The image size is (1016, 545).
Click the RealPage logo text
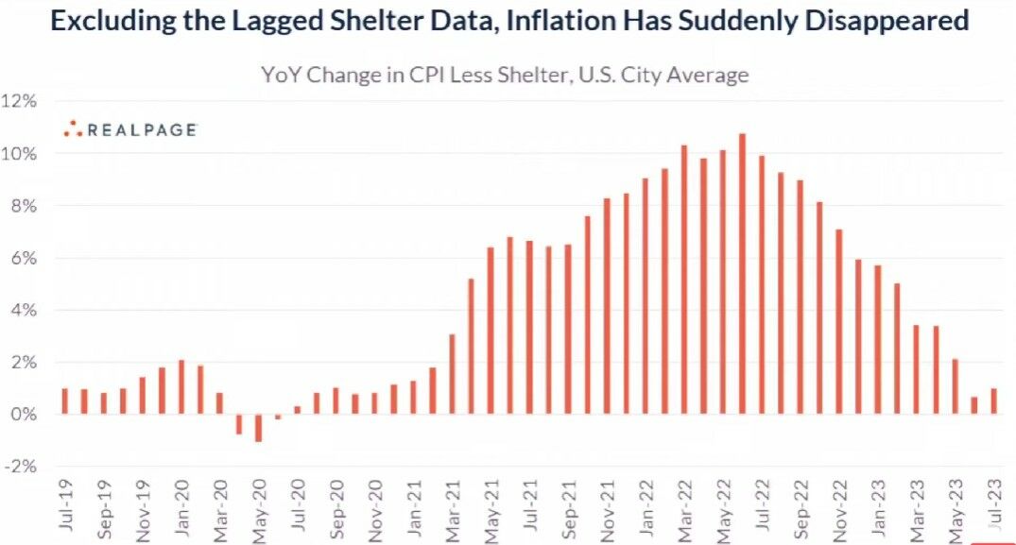(142, 130)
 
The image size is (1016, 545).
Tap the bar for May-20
(258, 428)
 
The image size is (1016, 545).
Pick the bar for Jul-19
(64, 401)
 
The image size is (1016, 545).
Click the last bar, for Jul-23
(994, 401)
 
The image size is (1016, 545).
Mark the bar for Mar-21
(452, 374)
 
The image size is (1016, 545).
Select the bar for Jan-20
(181, 387)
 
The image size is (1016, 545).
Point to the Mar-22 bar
(684, 280)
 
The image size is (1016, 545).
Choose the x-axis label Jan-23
(878, 507)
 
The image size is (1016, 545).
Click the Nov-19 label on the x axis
(143, 507)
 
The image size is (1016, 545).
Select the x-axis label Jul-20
(298, 507)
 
